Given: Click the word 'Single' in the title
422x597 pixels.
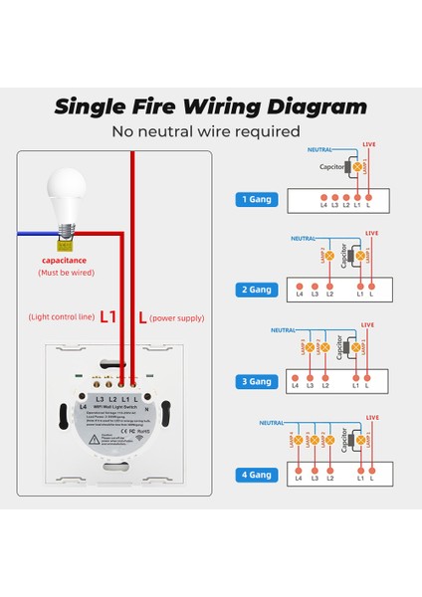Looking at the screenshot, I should point(94,107).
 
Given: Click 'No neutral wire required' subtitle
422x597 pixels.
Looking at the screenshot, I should point(206,131).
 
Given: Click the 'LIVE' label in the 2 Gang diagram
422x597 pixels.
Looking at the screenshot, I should point(371,233).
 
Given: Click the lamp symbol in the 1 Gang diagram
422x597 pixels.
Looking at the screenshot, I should point(359,168).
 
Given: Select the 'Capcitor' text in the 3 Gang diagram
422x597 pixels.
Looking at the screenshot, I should point(341,347).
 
